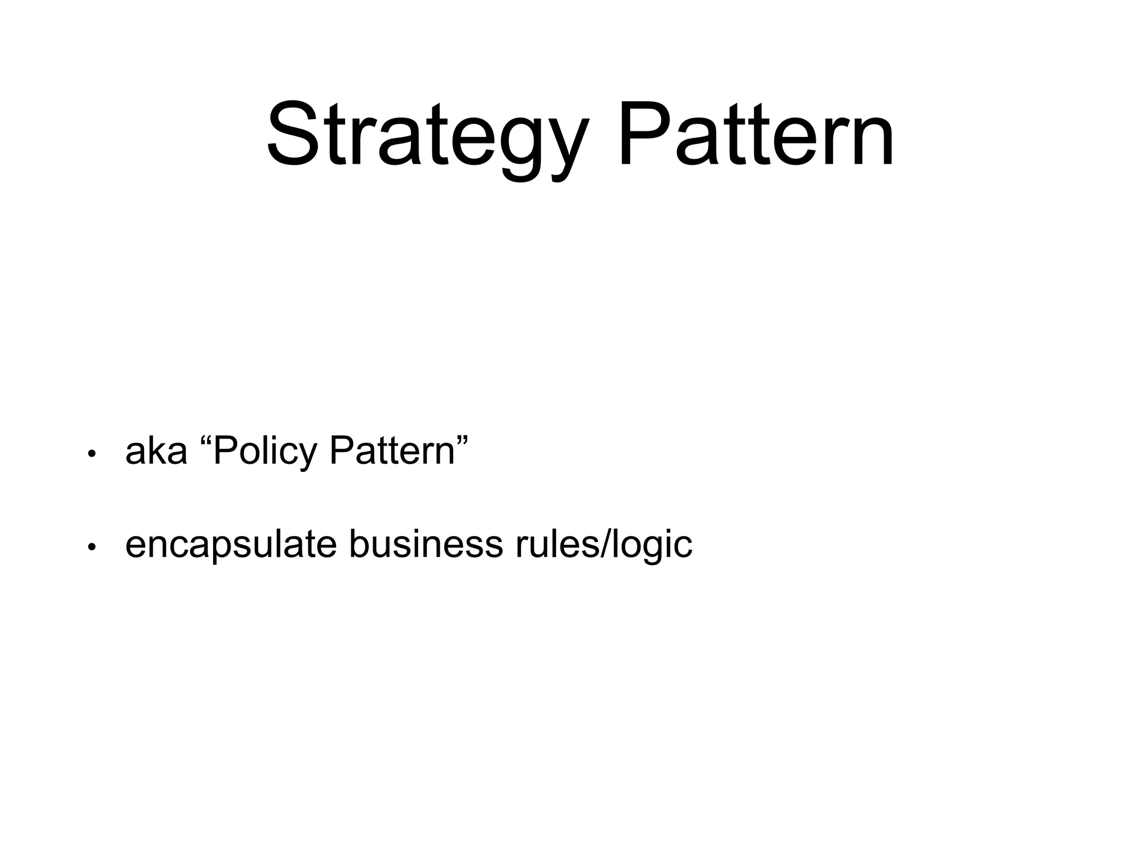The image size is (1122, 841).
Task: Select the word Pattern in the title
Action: (x=756, y=134)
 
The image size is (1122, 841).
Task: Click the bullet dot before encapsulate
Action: (x=92, y=547)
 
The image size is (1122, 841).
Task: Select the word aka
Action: (x=156, y=451)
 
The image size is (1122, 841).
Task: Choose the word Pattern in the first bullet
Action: (x=392, y=451)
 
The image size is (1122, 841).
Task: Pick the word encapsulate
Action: (x=231, y=545)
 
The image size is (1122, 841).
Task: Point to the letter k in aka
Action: (x=157, y=451)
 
